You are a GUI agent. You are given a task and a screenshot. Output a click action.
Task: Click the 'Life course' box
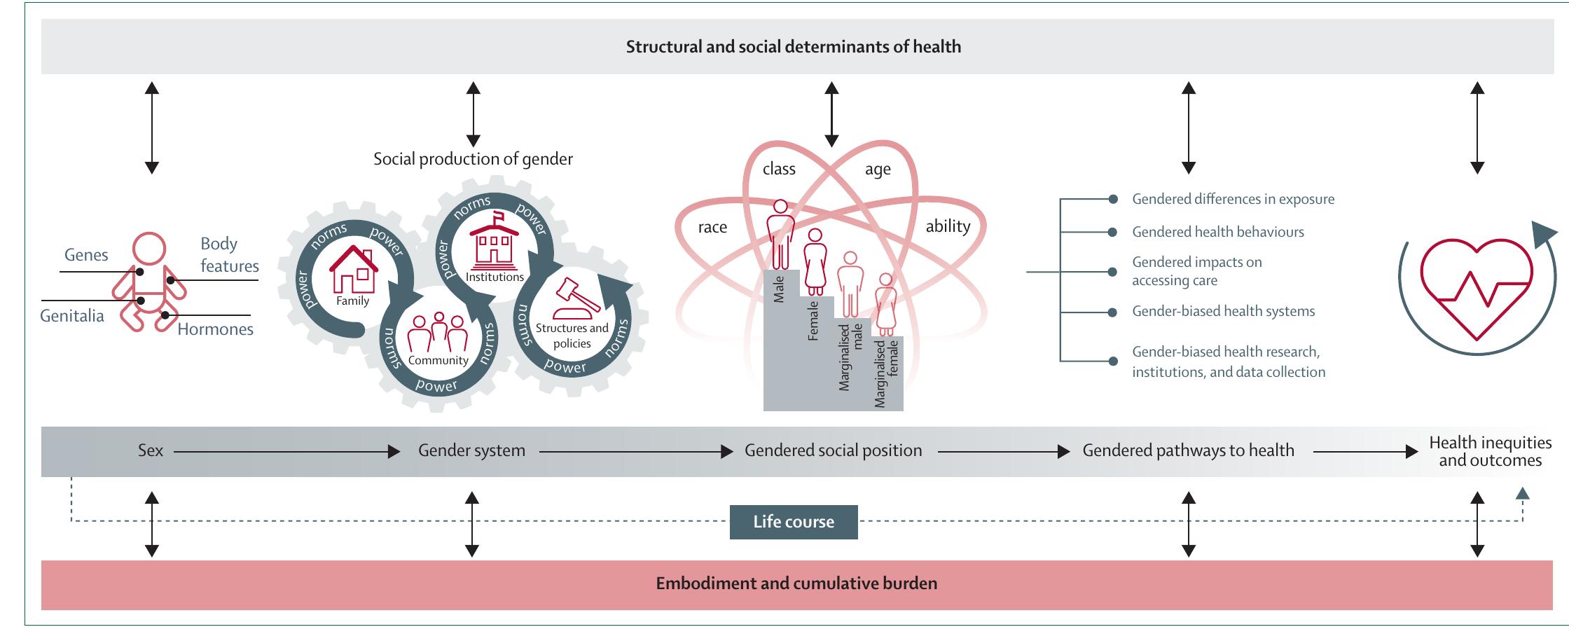pos(793,522)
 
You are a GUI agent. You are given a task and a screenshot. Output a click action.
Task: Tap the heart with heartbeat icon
pos(1475,289)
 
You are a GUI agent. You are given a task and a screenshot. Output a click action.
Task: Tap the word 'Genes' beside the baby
pos(86,255)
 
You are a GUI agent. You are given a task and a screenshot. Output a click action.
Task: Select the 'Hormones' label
pos(215,329)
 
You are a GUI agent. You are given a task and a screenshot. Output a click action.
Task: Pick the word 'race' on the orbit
pos(712,227)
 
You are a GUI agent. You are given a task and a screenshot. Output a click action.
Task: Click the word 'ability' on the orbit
pos(948,226)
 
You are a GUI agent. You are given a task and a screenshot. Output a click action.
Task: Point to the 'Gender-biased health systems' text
pos(1223,311)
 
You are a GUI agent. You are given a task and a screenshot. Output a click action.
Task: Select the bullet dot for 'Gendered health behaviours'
pos(1112,232)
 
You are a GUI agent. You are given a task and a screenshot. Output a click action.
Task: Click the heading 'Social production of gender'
pos(473,159)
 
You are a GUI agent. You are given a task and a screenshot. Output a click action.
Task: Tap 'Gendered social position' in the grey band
pos(833,450)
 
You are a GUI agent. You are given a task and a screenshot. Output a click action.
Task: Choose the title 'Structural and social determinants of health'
pos(793,47)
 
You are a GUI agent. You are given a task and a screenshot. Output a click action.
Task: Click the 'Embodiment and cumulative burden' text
pos(796,584)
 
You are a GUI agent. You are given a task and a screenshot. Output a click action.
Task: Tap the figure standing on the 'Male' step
pos(780,235)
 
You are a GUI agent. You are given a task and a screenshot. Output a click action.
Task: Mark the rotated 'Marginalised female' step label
pos(886,373)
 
